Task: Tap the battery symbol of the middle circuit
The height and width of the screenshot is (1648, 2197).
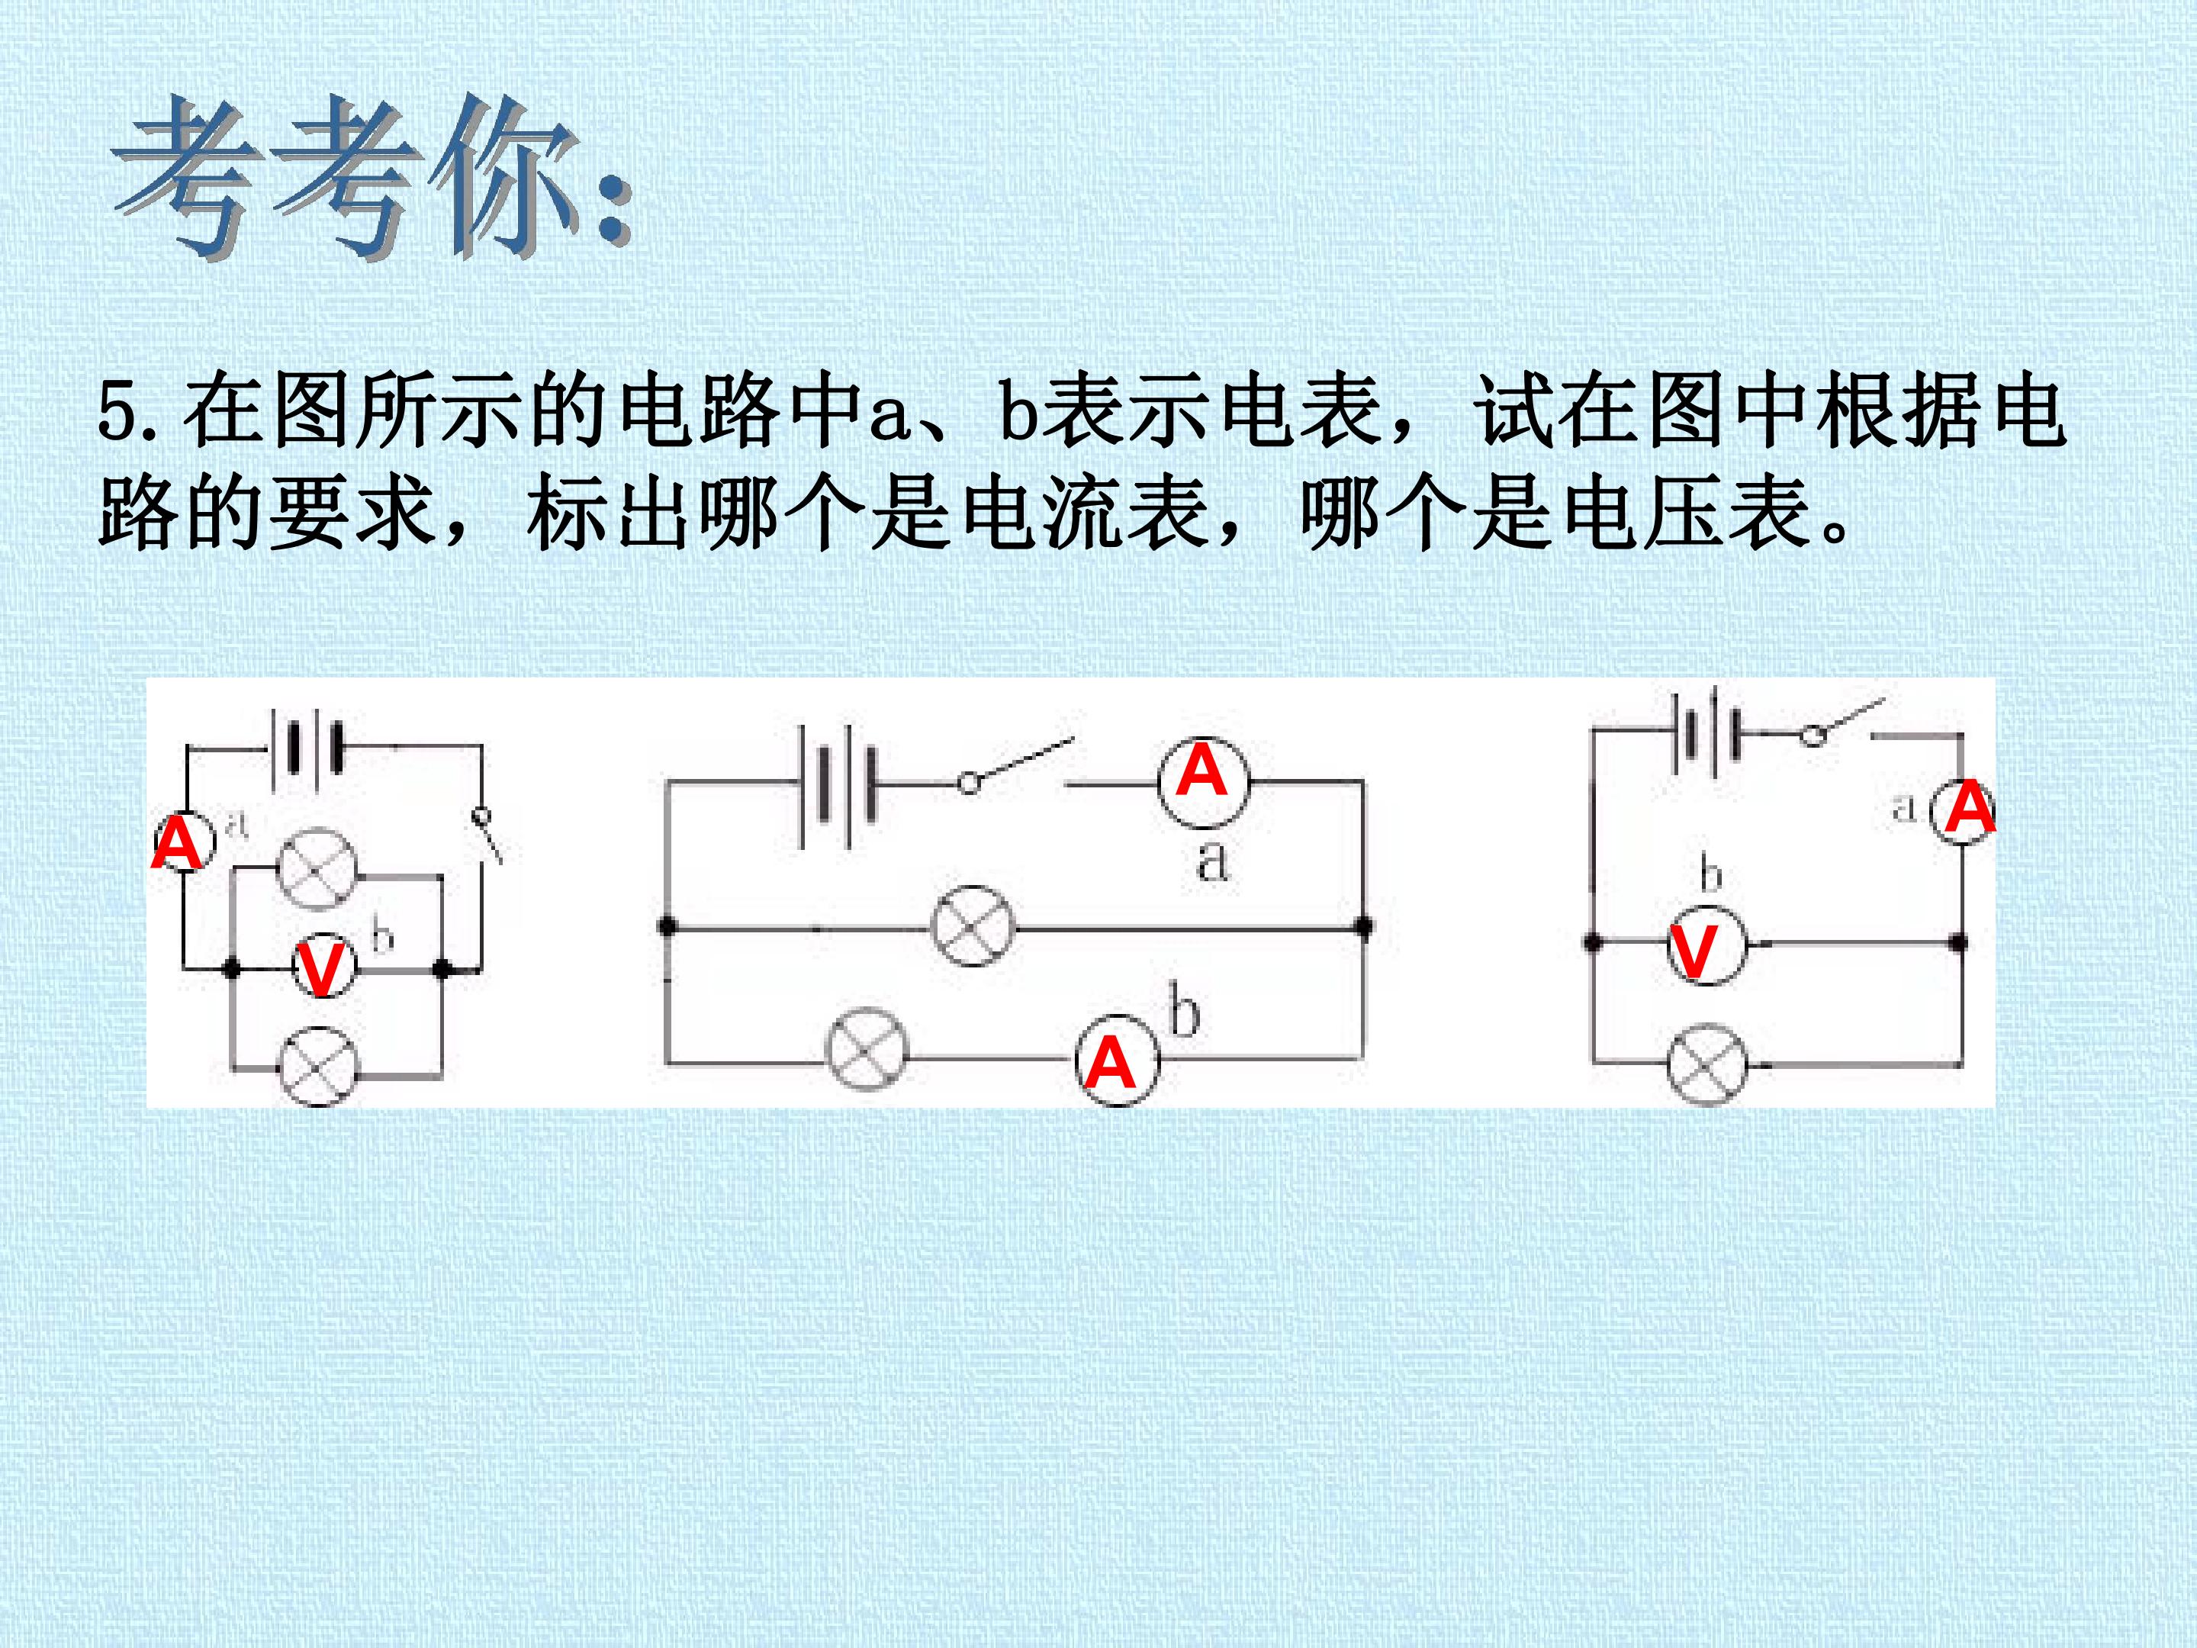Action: pos(838,785)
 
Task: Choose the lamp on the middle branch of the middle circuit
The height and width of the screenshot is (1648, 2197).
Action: pos(973,925)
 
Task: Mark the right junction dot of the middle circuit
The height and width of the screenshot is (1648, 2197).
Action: pos(1364,927)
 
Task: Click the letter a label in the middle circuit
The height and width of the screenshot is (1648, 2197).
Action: pos(1211,861)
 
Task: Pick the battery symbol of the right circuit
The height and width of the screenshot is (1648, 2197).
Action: pos(1707,733)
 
